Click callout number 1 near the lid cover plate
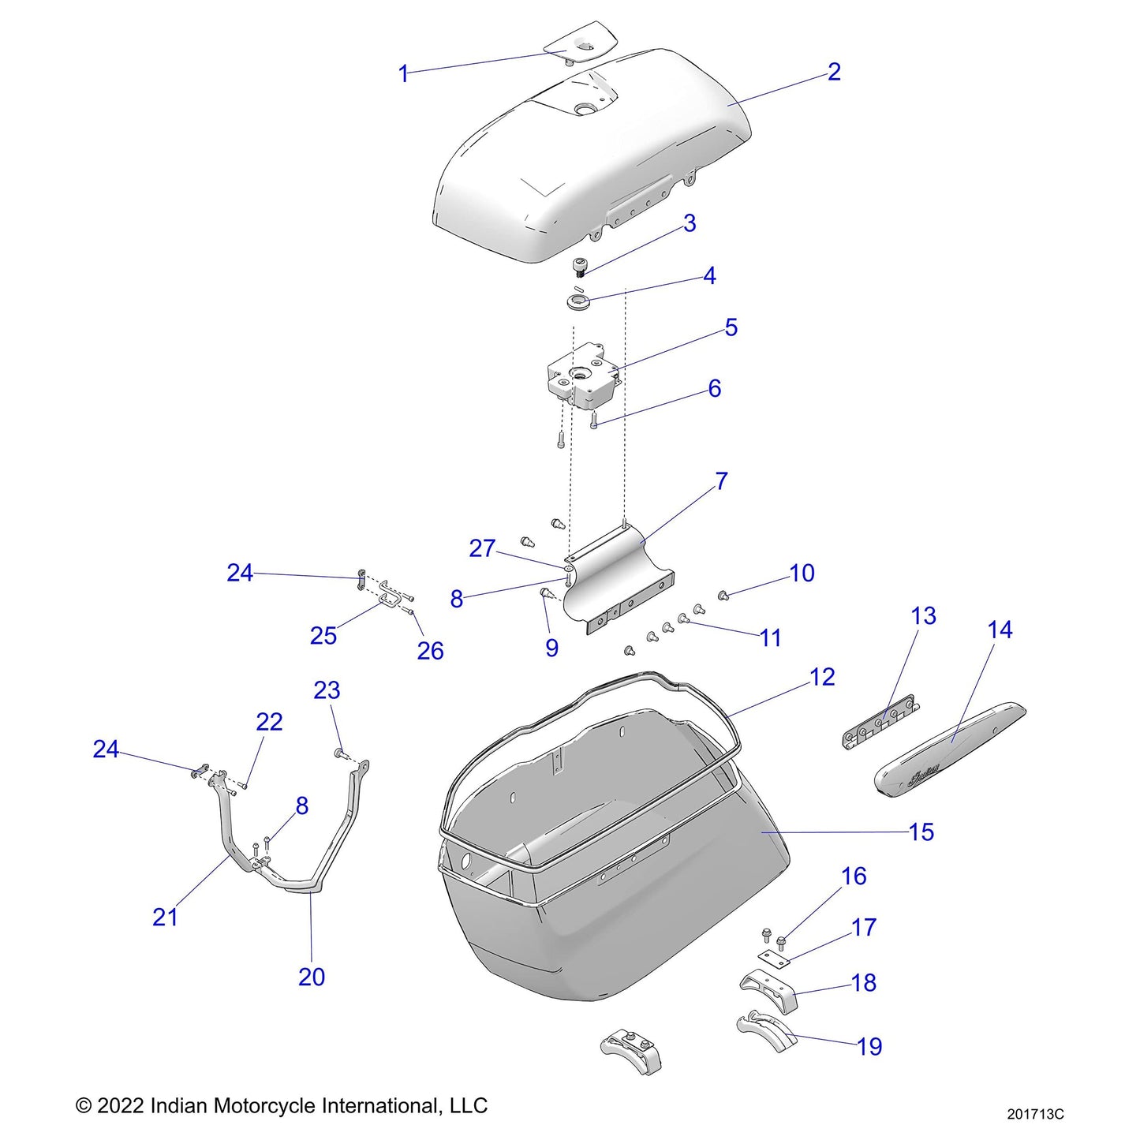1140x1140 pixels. click(403, 74)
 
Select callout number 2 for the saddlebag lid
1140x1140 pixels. click(834, 72)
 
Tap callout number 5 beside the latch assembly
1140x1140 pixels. click(731, 327)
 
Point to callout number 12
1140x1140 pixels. click(821, 677)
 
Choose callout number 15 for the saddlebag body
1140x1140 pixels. click(921, 832)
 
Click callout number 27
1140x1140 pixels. click(482, 548)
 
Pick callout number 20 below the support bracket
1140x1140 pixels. click(312, 977)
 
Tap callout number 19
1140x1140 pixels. click(869, 1046)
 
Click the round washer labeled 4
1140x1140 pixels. click(578, 301)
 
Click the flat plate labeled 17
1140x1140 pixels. click(773, 958)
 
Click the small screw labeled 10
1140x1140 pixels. click(723, 594)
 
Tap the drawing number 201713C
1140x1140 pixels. click(1035, 1114)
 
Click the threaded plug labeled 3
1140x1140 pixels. click(581, 267)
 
